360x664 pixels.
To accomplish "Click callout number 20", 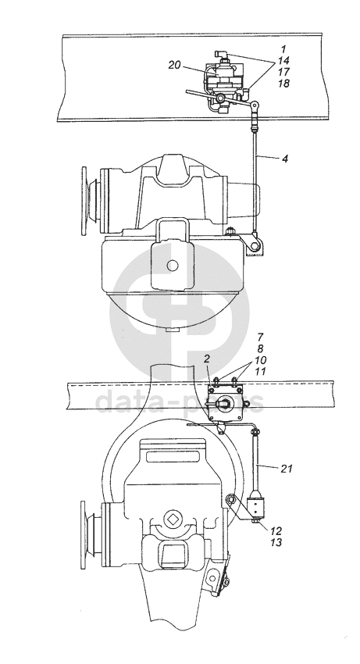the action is coord(174,65).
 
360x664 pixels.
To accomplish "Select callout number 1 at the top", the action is coord(283,50).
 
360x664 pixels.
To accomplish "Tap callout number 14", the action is coord(283,62).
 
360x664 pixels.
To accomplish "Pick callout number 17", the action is coord(283,73).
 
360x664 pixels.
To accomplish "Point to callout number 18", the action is coord(283,84).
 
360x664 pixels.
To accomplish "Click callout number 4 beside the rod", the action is coord(285,159).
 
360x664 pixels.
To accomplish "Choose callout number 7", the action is coord(261,337).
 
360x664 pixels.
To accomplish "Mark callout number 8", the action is coord(261,348).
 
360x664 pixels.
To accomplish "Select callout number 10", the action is coord(261,360).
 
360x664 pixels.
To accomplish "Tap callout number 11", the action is coord(261,371).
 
